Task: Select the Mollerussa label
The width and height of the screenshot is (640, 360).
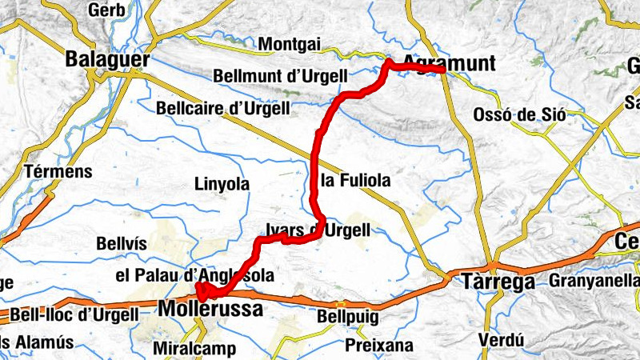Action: click(210, 308)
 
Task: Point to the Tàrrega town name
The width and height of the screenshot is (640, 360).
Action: click(498, 282)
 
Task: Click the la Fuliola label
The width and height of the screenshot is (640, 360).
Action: click(355, 181)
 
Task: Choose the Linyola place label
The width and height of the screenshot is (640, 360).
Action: click(222, 184)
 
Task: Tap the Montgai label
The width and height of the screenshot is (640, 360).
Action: click(290, 45)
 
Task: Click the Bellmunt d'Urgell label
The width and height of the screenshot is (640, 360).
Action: click(280, 76)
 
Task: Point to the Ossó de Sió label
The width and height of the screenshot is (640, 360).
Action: click(519, 114)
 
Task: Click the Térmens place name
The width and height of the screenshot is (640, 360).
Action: click(58, 171)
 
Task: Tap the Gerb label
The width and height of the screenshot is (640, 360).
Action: click(106, 10)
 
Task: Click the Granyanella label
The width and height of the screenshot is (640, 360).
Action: click(593, 281)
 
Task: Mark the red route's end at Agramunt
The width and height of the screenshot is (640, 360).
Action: click(442, 70)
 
